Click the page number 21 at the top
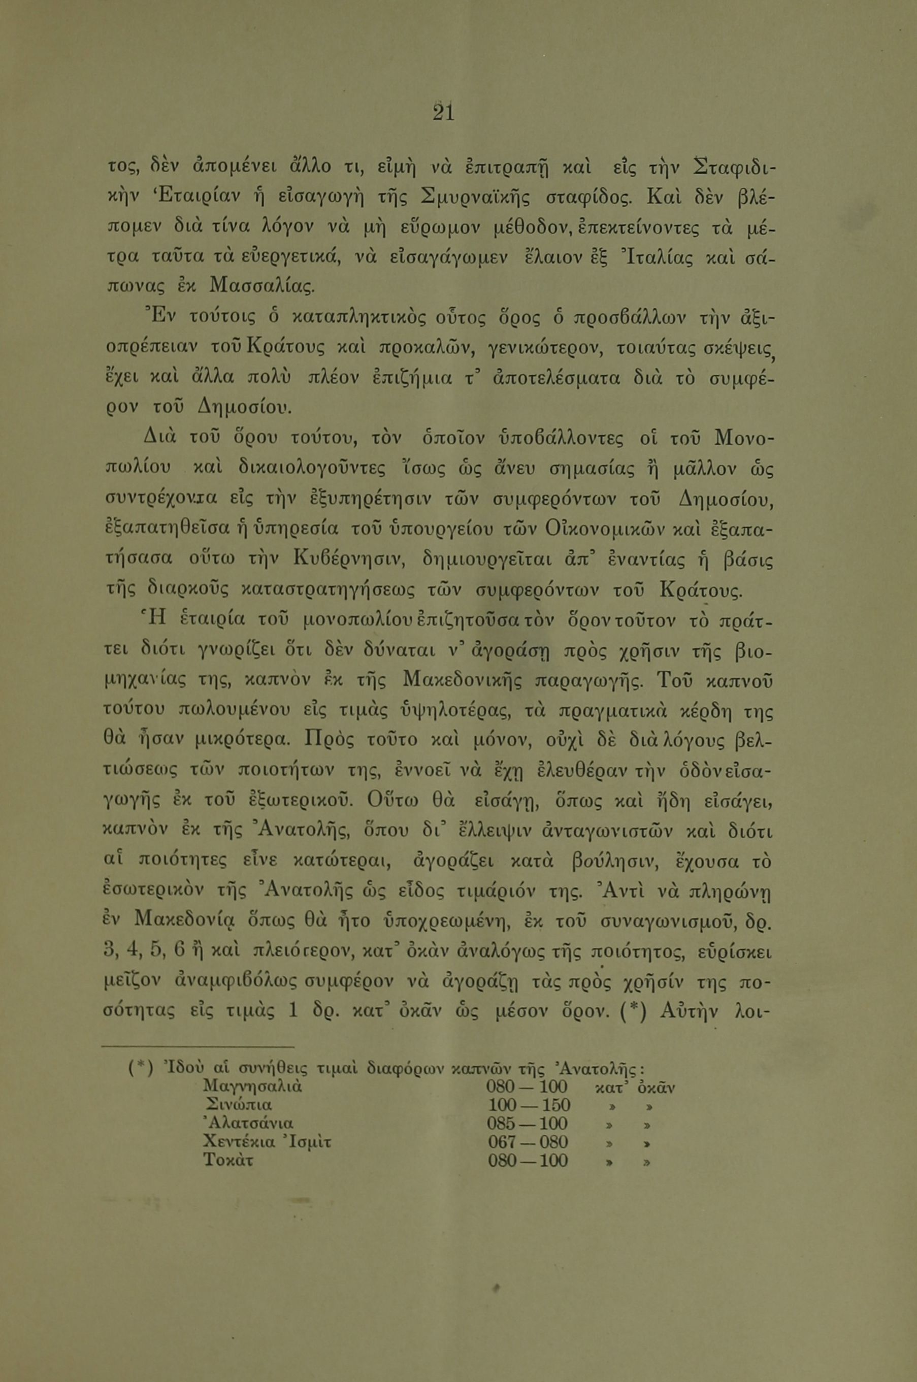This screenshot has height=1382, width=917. [443, 112]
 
